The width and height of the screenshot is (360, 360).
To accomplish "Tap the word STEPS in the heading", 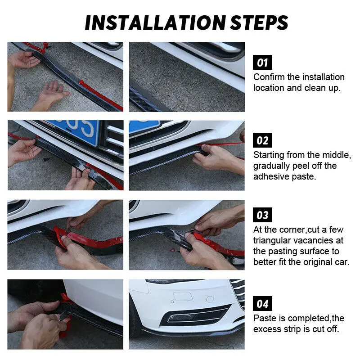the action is click(259, 23).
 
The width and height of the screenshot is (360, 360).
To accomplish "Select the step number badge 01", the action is click(262, 62).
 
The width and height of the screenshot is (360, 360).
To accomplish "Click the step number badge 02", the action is click(262, 140).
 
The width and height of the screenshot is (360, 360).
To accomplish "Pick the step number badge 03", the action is click(262, 215).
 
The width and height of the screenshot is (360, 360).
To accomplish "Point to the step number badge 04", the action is click(262, 303).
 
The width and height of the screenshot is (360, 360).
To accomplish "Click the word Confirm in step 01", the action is click(269, 77).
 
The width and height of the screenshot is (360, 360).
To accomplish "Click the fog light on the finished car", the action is click(195, 317).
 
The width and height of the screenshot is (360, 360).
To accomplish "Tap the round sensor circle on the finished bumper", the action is click(210, 299).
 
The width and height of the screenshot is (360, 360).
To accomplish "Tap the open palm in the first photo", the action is click(52, 94).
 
